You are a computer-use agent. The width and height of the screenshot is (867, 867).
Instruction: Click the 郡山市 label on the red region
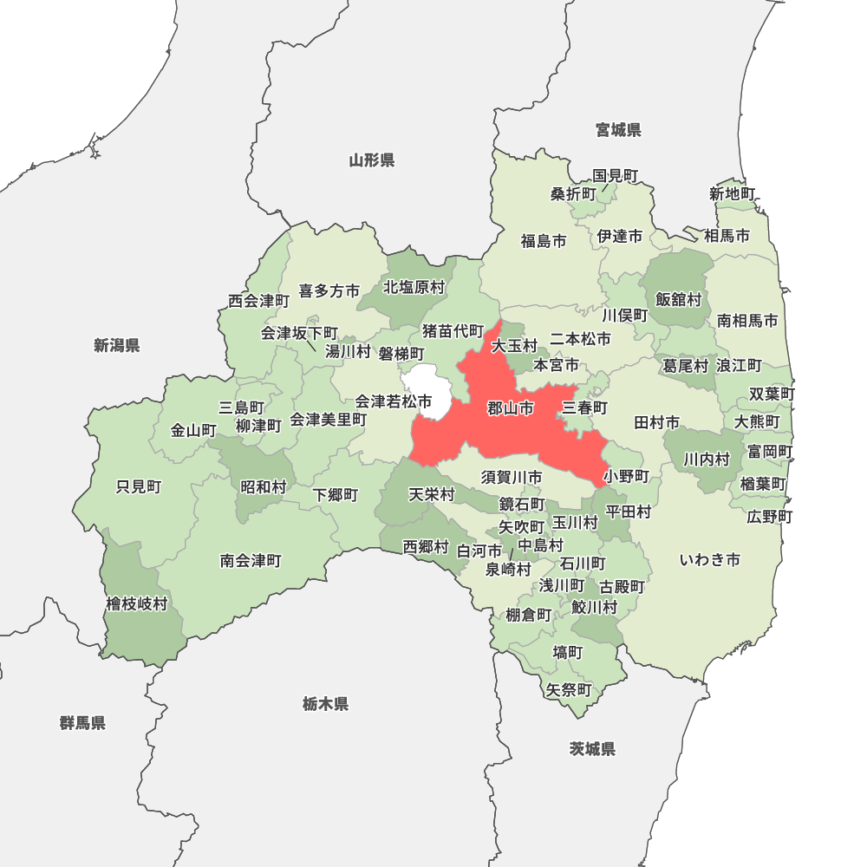tap(510, 408)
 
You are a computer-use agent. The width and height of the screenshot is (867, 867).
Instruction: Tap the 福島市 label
tap(544, 241)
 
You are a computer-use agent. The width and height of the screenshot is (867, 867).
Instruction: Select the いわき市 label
tap(709, 559)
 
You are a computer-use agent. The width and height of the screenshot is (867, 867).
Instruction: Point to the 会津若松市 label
tap(394, 401)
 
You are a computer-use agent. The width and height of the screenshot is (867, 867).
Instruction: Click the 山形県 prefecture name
tap(372, 160)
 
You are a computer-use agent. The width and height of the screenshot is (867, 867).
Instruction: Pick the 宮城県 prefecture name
tap(618, 130)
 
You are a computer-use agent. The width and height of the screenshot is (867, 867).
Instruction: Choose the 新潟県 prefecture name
tap(117, 346)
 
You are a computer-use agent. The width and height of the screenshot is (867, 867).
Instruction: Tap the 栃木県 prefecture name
tap(326, 704)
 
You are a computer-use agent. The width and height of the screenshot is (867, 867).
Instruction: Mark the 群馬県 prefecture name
tap(83, 722)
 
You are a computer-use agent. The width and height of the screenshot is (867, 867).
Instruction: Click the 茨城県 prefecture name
tap(593, 749)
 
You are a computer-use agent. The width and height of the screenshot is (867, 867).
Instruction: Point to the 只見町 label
tap(139, 486)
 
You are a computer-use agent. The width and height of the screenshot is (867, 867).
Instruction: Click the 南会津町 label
tap(251, 561)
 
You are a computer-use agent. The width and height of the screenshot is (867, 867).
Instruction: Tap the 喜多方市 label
tap(329, 291)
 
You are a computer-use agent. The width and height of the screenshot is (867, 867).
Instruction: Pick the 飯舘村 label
tap(678, 299)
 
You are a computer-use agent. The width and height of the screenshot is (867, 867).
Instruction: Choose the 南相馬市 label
tap(747, 321)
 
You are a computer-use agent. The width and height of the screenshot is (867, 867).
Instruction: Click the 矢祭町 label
tap(569, 690)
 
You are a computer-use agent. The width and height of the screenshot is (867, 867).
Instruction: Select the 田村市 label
tap(656, 422)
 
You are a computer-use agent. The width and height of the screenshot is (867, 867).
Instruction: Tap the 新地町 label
tap(733, 193)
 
